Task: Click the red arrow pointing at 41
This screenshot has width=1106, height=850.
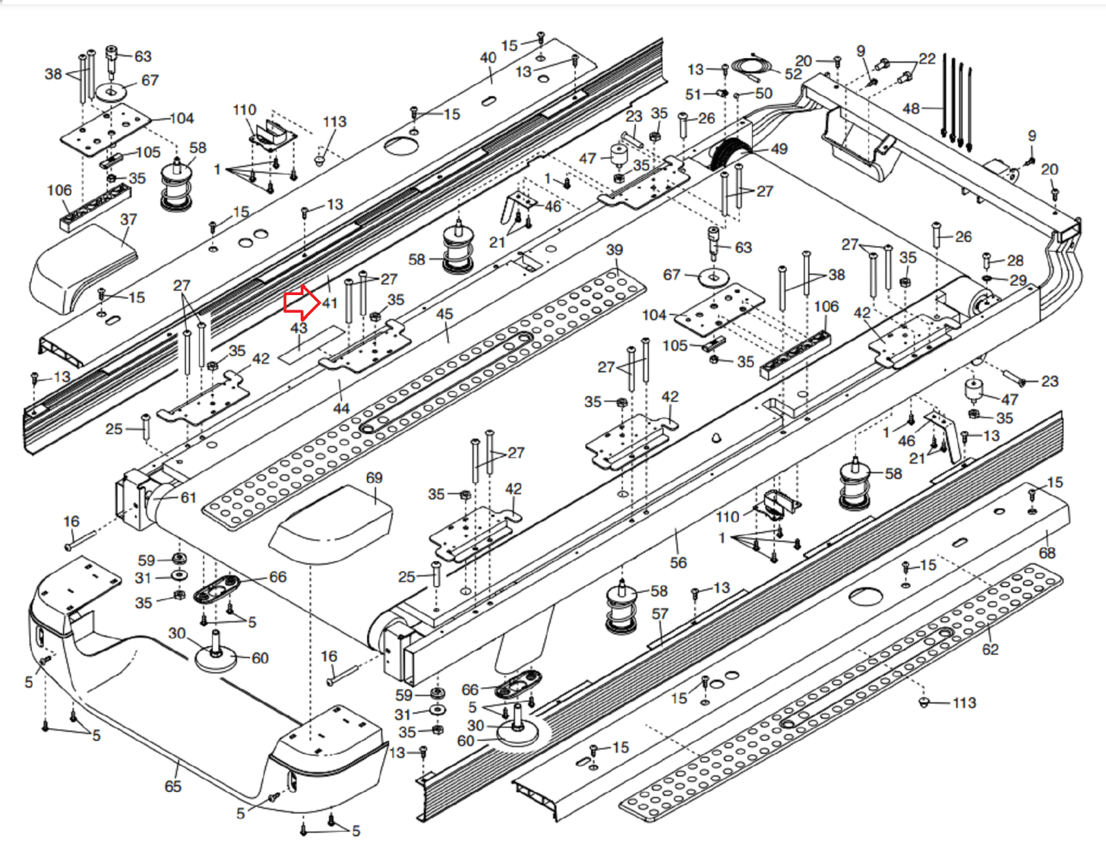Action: coord(301,302)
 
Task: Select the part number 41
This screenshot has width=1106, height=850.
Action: coord(330,303)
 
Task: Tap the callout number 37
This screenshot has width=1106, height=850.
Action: coord(129,220)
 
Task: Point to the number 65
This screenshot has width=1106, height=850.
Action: coord(173,786)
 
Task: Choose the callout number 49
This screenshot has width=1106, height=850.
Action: coord(779,149)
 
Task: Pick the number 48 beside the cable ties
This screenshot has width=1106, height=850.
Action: coord(911,108)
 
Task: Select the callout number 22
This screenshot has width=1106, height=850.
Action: coord(927,59)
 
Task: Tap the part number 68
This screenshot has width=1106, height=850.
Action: coord(1047,552)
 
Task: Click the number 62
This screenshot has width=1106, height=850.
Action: coord(991,649)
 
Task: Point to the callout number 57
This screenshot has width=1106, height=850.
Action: coord(660,614)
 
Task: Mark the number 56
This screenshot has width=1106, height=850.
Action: coord(678,563)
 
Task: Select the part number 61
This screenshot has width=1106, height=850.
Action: coord(189,498)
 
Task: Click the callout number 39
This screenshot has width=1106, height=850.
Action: coord(614,249)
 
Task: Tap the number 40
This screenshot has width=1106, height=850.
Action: coord(488,57)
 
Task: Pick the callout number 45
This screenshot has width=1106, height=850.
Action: coord(444,314)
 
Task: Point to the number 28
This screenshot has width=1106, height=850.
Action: coord(1015,261)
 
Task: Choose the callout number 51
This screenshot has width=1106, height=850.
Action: coord(693,94)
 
